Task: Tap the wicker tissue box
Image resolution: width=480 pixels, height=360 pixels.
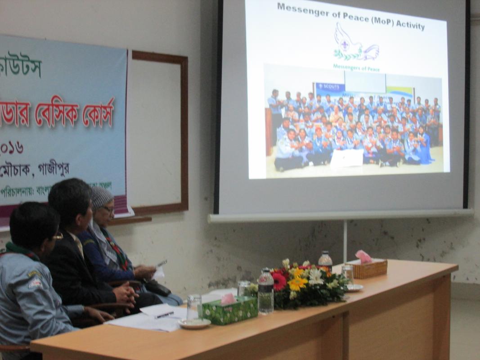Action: tap(369, 269)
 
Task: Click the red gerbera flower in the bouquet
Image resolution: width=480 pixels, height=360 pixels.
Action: tap(279, 281)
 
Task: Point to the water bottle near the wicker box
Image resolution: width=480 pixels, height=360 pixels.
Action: tap(325, 261)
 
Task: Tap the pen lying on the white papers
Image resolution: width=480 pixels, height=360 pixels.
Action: tap(164, 315)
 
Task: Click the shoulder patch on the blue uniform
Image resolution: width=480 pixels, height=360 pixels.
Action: tap(35, 282)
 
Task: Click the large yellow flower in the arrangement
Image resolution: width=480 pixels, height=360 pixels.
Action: tap(297, 283)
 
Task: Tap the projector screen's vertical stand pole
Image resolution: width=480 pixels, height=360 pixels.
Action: tap(345, 241)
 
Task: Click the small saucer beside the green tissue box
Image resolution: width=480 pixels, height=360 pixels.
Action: tap(194, 323)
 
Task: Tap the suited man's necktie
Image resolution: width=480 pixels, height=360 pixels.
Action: tap(79, 245)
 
